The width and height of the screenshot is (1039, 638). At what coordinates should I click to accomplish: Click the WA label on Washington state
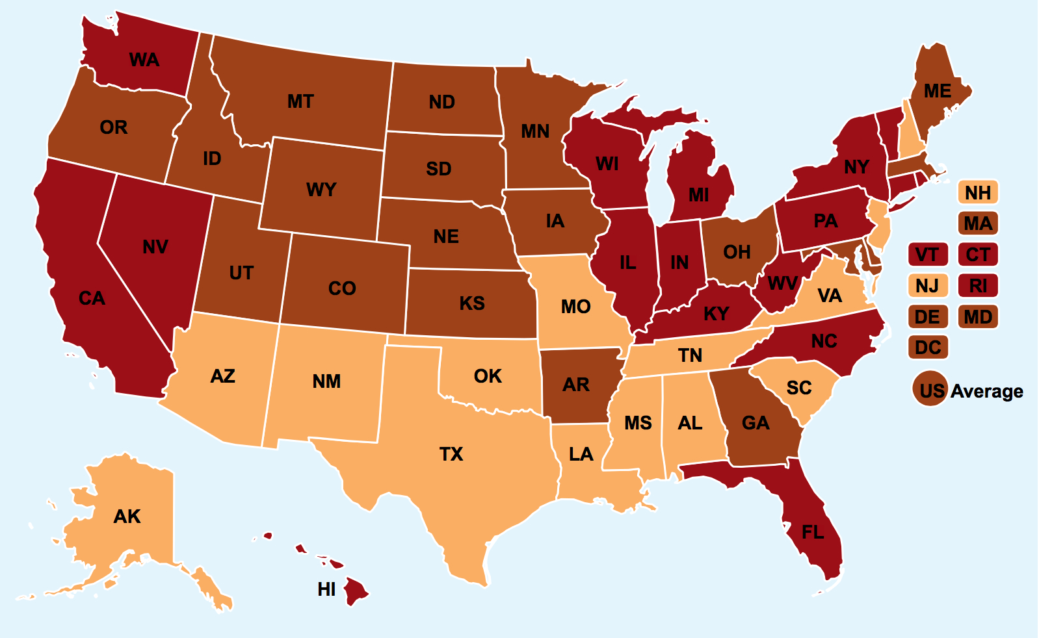pyautogui.click(x=144, y=60)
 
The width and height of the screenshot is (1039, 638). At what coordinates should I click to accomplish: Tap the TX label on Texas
pyautogui.click(x=451, y=453)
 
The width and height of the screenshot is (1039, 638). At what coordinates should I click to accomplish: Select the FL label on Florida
pyautogui.click(x=813, y=533)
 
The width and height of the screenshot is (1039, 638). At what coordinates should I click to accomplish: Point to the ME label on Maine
pyautogui.click(x=937, y=92)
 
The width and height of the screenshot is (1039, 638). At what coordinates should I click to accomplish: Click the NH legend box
pyautogui.click(x=977, y=193)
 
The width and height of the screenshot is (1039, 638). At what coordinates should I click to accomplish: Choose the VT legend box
pyautogui.click(x=927, y=255)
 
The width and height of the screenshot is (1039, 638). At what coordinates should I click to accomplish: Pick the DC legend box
pyautogui.click(x=928, y=348)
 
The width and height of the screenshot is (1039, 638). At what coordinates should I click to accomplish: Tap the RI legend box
pyautogui.click(x=977, y=286)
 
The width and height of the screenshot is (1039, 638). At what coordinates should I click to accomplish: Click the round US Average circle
pyautogui.click(x=931, y=390)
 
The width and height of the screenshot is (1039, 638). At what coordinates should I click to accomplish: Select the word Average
pyautogui.click(x=986, y=391)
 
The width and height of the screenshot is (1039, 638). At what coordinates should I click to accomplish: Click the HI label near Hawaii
pyautogui.click(x=326, y=589)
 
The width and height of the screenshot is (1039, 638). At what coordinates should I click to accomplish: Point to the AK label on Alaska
pyautogui.click(x=127, y=517)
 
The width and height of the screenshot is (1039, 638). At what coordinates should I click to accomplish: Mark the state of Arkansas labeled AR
pyautogui.click(x=576, y=385)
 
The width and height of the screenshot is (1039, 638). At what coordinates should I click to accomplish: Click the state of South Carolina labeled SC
pyautogui.click(x=798, y=388)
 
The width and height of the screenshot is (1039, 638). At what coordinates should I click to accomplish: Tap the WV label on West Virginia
pyautogui.click(x=782, y=284)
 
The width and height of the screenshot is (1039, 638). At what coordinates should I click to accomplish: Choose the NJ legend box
pyautogui.click(x=927, y=286)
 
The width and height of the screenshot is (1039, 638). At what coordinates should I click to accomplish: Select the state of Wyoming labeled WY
pyautogui.click(x=321, y=190)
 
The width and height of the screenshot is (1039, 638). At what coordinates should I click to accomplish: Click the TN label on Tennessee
pyautogui.click(x=690, y=355)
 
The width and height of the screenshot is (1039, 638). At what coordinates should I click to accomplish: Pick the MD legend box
pyautogui.click(x=977, y=317)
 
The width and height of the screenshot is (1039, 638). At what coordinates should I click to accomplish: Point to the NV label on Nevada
pyautogui.click(x=155, y=247)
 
